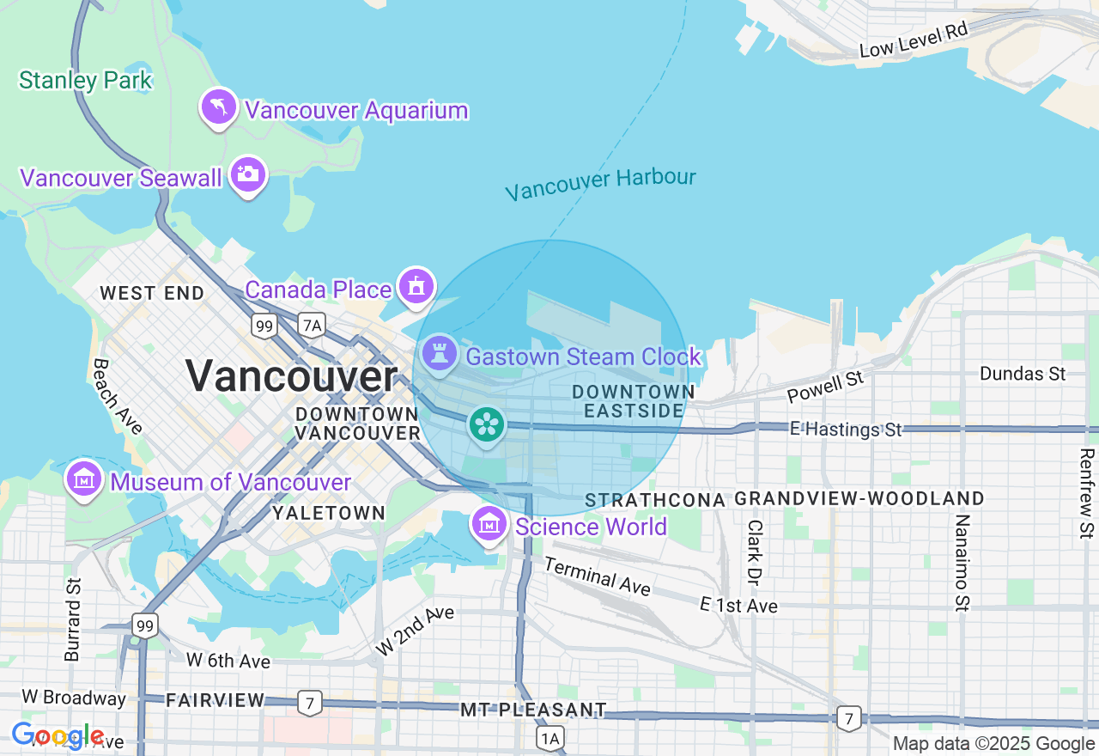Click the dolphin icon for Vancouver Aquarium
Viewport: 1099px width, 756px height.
[219, 107]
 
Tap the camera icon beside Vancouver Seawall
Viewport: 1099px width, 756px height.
[248, 174]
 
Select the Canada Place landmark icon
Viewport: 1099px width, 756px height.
[416, 286]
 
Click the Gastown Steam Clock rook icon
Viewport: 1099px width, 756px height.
[440, 353]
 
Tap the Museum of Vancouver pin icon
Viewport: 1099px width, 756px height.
[84, 479]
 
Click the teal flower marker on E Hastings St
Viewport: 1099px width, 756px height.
[487, 424]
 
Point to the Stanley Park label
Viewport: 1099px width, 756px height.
[85, 81]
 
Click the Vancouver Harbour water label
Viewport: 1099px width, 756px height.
[600, 183]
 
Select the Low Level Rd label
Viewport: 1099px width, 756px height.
[913, 40]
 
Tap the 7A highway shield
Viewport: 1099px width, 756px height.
[313, 325]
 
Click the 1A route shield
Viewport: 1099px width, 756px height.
[550, 738]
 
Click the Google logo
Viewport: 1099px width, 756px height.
[58, 736]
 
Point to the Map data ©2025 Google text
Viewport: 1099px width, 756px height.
[993, 743]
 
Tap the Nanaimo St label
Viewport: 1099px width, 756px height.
[962, 563]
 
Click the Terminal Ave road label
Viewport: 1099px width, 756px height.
[597, 576]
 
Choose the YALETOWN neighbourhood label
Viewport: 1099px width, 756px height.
[329, 513]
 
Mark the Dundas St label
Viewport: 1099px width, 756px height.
[1023, 374]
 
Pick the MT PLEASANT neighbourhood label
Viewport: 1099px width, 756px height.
[533, 710]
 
